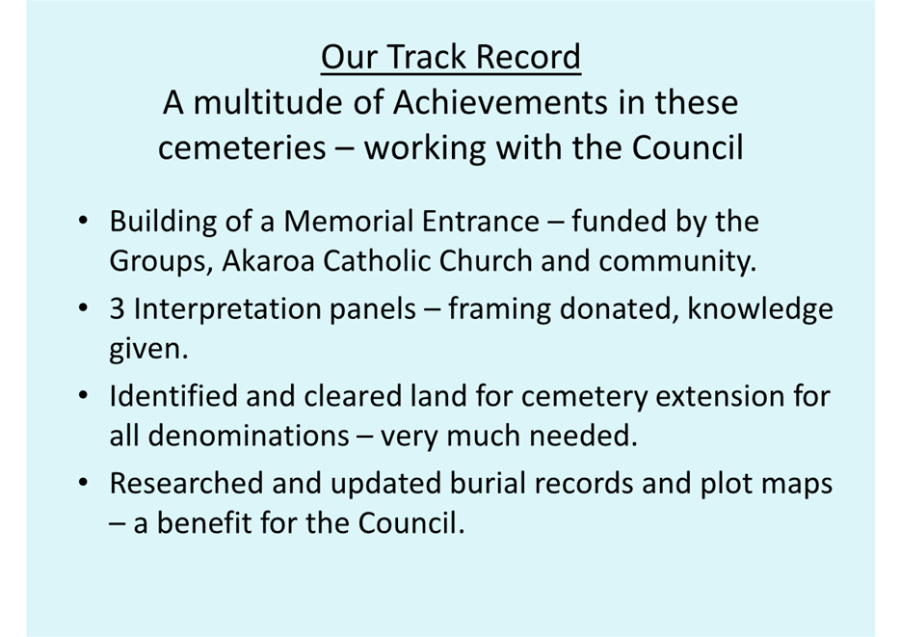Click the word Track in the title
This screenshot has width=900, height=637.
[x=423, y=57]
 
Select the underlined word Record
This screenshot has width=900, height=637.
[x=528, y=57]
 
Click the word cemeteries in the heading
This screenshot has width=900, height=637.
[x=242, y=147]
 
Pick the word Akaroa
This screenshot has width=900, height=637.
[x=268, y=261]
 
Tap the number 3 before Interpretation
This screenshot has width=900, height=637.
[x=118, y=308]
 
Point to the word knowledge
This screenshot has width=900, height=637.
[x=760, y=310]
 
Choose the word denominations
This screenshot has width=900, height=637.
[x=248, y=436]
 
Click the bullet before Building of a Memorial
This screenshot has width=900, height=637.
[x=83, y=221]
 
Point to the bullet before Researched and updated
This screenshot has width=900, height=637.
[x=83, y=483]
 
